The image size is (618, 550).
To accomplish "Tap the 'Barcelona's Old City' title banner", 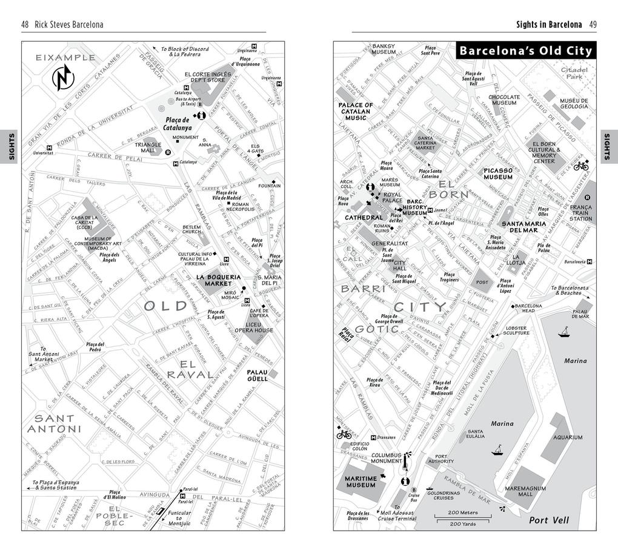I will click(525, 51).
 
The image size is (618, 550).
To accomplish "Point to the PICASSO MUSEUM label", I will click(498, 173).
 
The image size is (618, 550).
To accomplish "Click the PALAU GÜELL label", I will click(257, 375).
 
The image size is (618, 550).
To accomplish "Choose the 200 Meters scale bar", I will click(462, 516).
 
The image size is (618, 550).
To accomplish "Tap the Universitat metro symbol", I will click(49, 147).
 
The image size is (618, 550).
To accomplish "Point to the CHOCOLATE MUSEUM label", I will click(504, 100).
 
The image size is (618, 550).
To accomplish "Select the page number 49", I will click(593, 24).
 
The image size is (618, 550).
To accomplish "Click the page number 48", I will click(25, 24).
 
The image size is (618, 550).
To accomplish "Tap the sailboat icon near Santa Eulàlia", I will click(498, 450).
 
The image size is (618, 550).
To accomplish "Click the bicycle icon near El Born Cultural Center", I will click(580, 166).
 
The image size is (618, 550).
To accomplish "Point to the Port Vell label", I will click(549, 520).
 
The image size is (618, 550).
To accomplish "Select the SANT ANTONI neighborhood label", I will click(55, 423).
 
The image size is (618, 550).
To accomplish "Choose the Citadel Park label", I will click(574, 73).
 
